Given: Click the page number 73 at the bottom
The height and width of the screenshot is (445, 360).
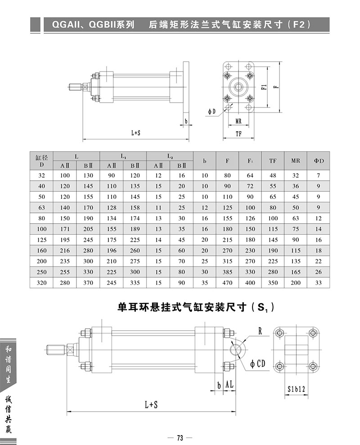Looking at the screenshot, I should click(x=179, y=437).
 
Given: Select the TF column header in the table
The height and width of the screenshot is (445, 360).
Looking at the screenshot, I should click(x=273, y=161).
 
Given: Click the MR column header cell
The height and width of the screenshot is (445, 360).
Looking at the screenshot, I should click(x=295, y=161).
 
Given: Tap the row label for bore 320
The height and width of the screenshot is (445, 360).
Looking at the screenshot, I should click(x=41, y=283).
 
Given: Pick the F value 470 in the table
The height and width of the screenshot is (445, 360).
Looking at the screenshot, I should click(x=227, y=283).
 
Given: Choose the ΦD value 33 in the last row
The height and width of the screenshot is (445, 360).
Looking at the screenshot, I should click(x=319, y=283).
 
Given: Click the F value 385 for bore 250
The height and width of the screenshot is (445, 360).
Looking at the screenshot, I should click(x=227, y=272).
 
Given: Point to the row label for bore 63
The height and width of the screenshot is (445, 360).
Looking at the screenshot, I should click(x=41, y=207).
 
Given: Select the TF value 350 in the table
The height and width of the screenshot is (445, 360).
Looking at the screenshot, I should click(x=273, y=283).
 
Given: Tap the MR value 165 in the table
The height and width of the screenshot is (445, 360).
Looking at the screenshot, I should click(x=295, y=272).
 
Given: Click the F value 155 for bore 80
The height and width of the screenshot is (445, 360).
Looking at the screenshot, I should click(x=227, y=218).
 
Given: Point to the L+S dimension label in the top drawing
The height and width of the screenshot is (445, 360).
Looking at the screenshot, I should click(x=136, y=133).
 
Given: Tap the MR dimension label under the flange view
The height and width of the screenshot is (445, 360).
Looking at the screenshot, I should click(x=238, y=121).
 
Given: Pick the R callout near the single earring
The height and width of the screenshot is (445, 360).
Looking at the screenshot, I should click(x=260, y=331).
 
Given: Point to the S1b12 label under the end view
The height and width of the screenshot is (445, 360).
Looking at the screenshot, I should click(x=297, y=388).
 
